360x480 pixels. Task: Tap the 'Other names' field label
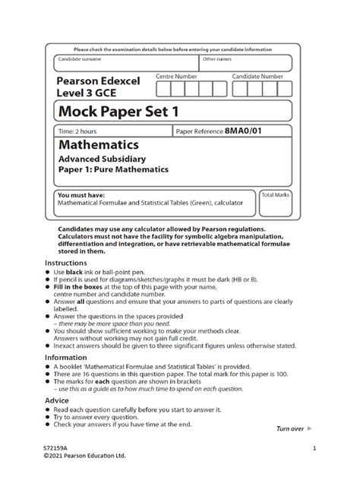(x=218, y=58)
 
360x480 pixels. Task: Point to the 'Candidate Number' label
(x=257, y=77)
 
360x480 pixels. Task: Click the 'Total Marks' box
(x=273, y=203)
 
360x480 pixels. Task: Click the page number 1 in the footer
(x=313, y=447)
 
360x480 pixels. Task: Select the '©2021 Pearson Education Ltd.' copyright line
(x=84, y=456)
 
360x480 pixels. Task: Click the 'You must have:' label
(x=79, y=195)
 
